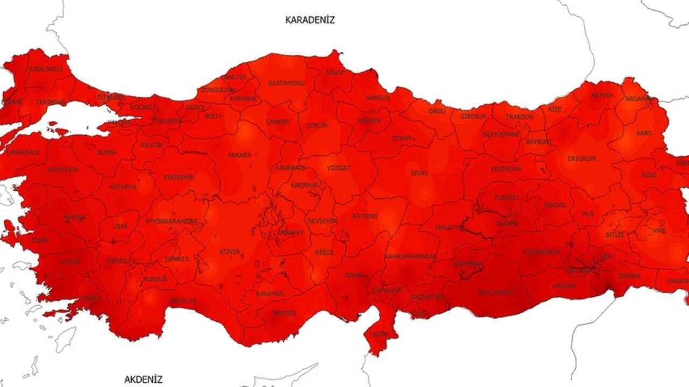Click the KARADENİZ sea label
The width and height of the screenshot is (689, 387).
click(310, 20)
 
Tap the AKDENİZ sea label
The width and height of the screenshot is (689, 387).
click(143, 379)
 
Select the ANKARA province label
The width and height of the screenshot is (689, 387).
click(239, 155)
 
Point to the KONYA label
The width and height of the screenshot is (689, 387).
click(230, 252)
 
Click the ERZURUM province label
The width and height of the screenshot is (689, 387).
click(582, 159)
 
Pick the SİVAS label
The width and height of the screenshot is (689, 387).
click(419, 174)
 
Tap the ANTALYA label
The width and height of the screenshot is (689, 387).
click(183, 301)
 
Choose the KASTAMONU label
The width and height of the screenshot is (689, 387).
click(286, 83)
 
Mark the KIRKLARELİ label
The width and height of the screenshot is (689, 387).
click(46, 69)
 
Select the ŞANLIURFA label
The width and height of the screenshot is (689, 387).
click(495, 292)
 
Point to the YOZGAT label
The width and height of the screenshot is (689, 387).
click(338, 168)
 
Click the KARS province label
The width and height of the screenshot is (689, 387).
click(644, 133)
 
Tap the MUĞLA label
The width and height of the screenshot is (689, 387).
click(90, 298)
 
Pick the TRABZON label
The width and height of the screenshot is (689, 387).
click(519, 117)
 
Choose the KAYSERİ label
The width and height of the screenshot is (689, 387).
click(364, 216)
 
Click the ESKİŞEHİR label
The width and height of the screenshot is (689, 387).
click(178, 177)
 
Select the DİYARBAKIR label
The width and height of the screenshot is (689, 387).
click(542, 252)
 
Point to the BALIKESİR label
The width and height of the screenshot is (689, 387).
click(63, 170)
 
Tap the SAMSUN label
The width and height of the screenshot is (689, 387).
click(378, 98)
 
